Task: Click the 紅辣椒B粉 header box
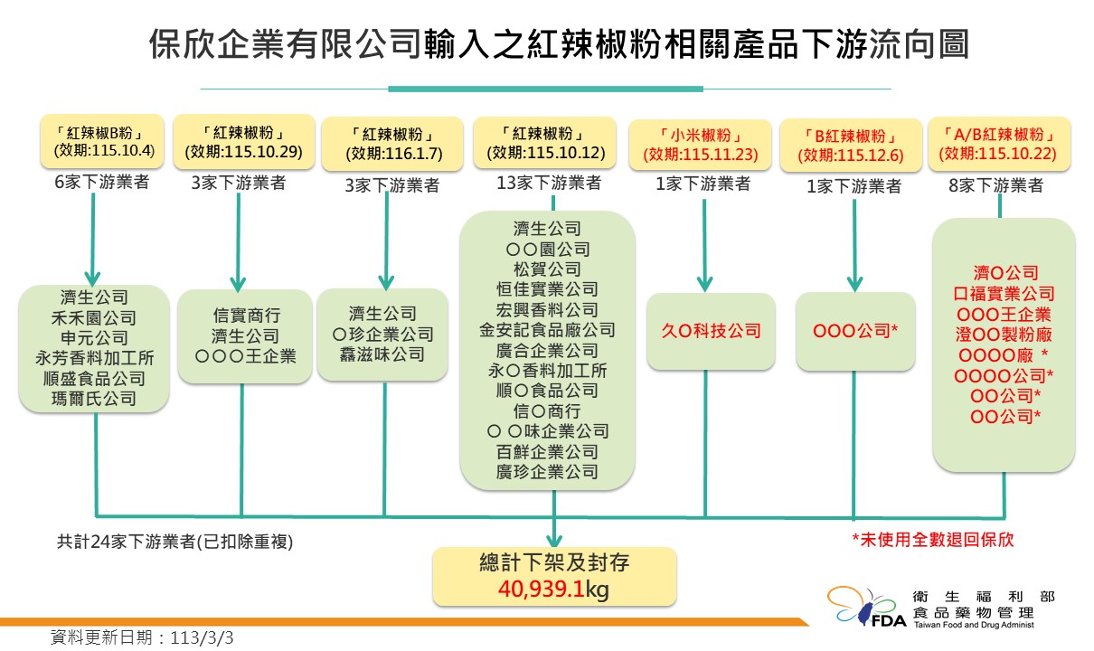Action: tap(102, 142)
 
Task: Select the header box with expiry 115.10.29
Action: tap(244, 142)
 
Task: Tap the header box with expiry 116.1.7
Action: tap(392, 144)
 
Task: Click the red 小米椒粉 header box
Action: tap(701, 146)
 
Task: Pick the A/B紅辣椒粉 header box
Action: tap(999, 144)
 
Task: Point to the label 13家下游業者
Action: tap(549, 184)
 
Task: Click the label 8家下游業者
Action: tap(995, 185)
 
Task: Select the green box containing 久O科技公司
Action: tap(711, 332)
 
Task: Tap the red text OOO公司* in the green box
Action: tap(855, 331)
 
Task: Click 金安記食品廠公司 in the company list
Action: tap(547, 330)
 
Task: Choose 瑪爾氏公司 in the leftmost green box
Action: tap(94, 399)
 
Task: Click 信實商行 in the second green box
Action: tap(247, 316)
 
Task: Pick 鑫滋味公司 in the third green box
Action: tap(382, 354)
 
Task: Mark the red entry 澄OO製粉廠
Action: tap(1004, 335)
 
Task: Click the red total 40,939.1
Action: tap(542, 589)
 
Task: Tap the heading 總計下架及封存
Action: tap(554, 563)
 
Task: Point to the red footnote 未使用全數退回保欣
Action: tap(933, 540)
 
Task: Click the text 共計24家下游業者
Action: tap(127, 542)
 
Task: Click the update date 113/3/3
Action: tap(202, 637)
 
